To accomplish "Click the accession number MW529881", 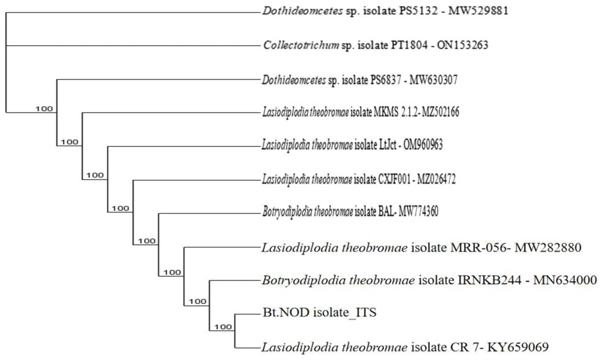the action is click(479, 11).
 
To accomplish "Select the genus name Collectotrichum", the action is click(301, 45).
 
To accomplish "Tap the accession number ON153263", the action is click(459, 45).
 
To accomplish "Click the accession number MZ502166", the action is click(441, 112).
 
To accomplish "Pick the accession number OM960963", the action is click(423, 144).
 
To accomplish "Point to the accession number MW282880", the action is click(548, 248).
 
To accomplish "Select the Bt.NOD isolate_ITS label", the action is click(320, 312).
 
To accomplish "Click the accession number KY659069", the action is click(518, 347).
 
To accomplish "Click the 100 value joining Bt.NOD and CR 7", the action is click(223, 327).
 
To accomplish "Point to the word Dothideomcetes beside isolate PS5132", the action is click(303, 11).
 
